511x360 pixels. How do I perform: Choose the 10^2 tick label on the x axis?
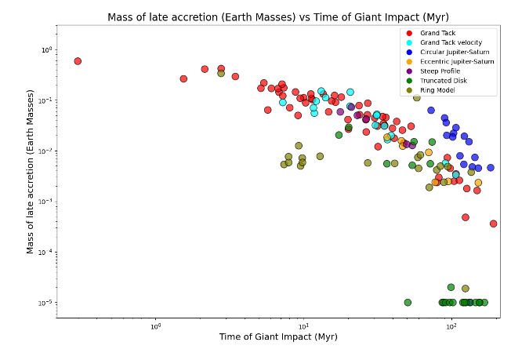(451, 324)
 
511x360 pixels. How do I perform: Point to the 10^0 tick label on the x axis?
(155, 324)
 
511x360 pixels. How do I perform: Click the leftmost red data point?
(78, 61)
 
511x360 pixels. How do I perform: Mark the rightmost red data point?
(493, 224)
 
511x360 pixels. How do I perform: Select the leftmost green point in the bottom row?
(408, 303)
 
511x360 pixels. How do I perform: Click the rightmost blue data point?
(491, 167)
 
